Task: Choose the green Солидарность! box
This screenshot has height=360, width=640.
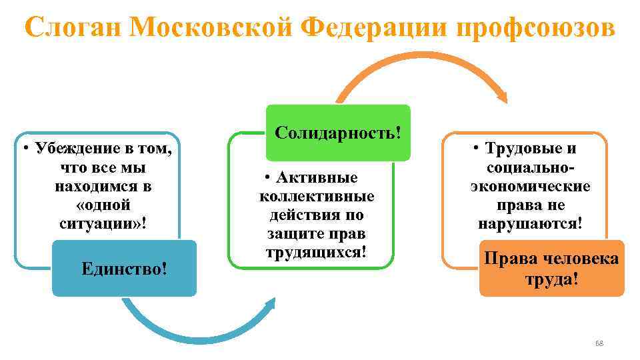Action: pyautogui.click(x=338, y=132)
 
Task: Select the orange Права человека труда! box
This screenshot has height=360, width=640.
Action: pyautogui.click(x=551, y=268)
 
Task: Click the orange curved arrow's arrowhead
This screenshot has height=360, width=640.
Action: pyautogui.click(x=501, y=97)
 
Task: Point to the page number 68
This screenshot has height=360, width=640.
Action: pyautogui.click(x=598, y=343)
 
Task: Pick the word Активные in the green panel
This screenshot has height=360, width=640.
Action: pyautogui.click(x=320, y=178)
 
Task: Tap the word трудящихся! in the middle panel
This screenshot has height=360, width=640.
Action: pyautogui.click(x=316, y=253)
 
